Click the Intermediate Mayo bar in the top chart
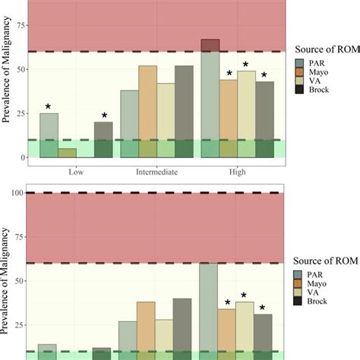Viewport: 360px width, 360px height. pyautogui.click(x=147, y=111)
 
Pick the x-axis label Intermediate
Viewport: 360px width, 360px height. pyautogui.click(x=156, y=172)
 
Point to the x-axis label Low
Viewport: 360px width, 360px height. pyautogui.click(x=76, y=172)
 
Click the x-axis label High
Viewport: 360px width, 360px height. pyautogui.click(x=237, y=172)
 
